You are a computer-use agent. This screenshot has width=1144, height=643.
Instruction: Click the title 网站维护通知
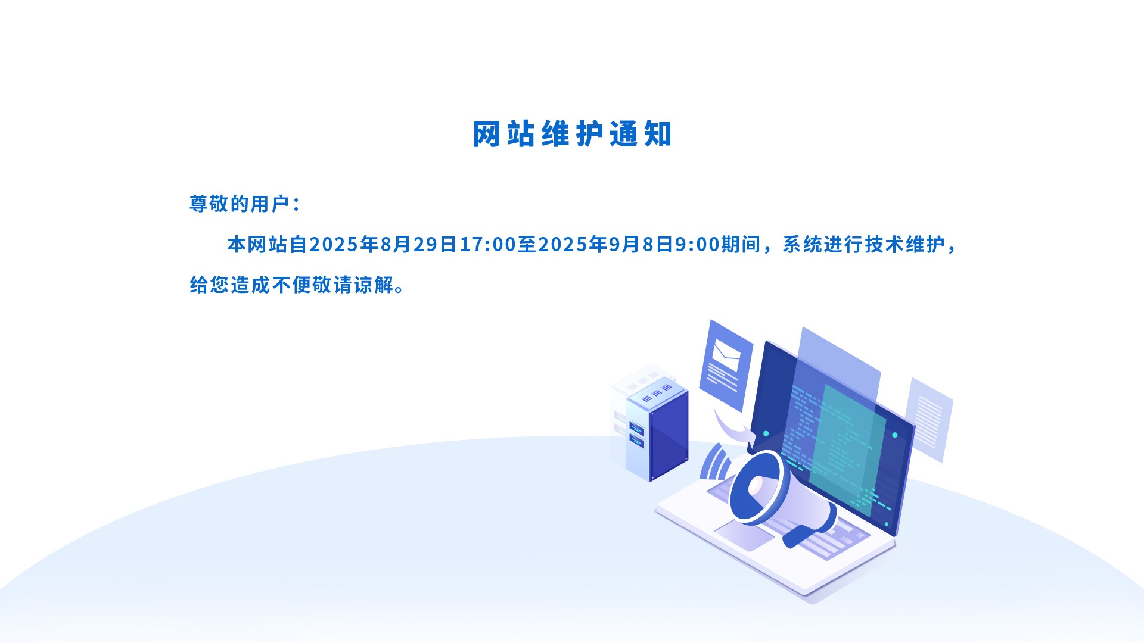point(572,134)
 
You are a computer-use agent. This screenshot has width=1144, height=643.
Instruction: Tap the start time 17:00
point(487,244)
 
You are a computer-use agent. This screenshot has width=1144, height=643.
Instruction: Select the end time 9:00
point(697,244)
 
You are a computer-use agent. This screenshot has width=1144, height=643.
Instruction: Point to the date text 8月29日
point(418,244)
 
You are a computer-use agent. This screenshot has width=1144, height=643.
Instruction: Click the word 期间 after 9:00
point(741,244)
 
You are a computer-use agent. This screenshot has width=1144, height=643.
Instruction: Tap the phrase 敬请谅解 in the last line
point(353,285)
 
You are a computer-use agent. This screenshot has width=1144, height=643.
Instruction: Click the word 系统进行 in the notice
point(823,244)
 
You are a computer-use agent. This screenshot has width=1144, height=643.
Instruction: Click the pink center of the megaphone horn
point(756,486)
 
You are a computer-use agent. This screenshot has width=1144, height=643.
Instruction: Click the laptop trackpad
point(744,534)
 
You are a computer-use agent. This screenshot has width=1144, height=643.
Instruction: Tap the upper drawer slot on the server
point(636,429)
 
